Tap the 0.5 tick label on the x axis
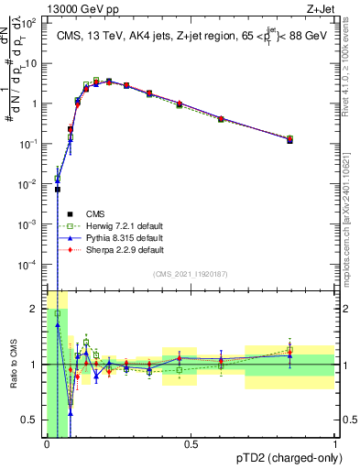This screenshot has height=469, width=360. click(191, 445)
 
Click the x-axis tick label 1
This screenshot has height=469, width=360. click(334, 445)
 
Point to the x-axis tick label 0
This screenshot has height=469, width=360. click(47, 445)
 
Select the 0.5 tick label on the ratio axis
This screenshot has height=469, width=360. click(29, 420)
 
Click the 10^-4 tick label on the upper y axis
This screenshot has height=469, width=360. click(29, 265)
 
